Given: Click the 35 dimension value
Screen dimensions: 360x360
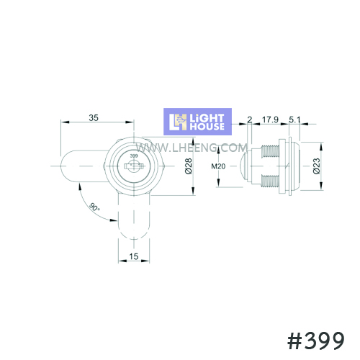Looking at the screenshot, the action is click(x=94, y=117).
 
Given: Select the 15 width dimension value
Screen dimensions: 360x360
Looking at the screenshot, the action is click(x=134, y=256).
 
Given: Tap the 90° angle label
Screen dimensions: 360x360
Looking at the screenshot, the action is click(x=94, y=207).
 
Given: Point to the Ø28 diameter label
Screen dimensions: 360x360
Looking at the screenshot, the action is click(x=189, y=166).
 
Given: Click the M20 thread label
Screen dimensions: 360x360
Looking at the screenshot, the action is click(x=218, y=166).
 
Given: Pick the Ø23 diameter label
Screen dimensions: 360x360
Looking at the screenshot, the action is click(x=317, y=166).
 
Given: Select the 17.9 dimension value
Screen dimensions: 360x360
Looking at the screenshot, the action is click(x=270, y=120).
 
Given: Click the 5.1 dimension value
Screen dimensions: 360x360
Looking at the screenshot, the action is click(x=294, y=120).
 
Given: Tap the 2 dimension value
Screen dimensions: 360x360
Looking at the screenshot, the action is click(x=250, y=120).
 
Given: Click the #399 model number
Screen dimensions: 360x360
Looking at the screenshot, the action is click(x=316, y=341).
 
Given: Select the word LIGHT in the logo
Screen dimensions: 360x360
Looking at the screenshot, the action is click(x=207, y=118).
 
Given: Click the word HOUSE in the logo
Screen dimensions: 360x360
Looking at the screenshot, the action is click(x=207, y=127).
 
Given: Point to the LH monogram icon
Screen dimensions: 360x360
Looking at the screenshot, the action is click(x=178, y=122).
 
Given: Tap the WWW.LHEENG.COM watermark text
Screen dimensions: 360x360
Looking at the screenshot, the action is click(x=192, y=148).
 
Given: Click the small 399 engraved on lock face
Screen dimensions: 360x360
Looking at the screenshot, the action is click(x=134, y=156).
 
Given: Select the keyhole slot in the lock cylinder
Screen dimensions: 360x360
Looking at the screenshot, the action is click(x=134, y=166).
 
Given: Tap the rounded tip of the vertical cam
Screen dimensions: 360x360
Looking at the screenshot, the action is click(x=134, y=233).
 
